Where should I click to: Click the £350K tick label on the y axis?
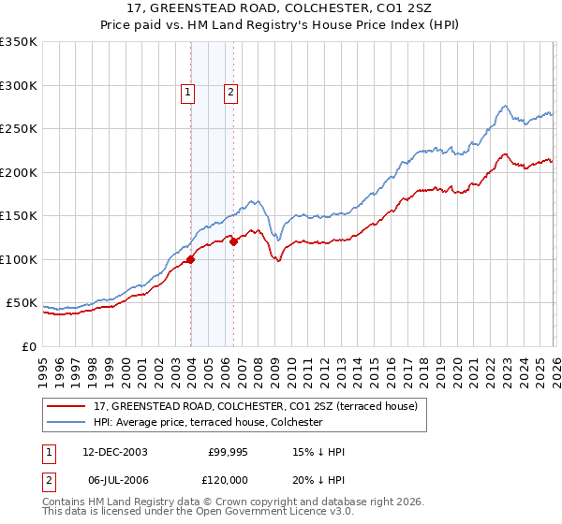pos(18,42)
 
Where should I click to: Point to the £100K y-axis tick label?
pos(18,259)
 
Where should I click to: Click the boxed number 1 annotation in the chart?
pos(188,92)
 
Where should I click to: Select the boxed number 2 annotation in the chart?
pos(229,92)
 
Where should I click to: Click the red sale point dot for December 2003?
pos(190,259)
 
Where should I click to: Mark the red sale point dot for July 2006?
pos(233,242)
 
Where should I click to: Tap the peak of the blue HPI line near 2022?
pos(505,106)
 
